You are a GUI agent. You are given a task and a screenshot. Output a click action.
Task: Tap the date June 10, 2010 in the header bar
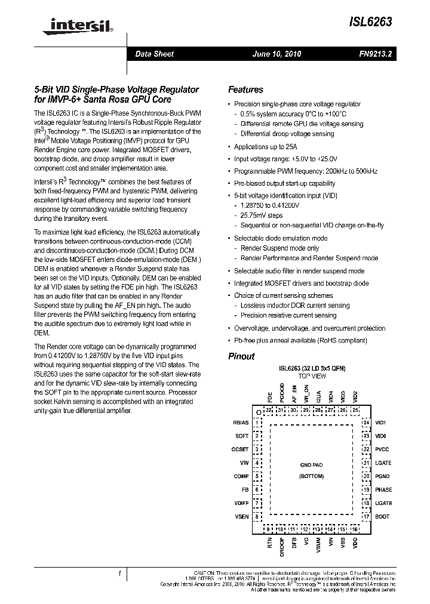[277, 54]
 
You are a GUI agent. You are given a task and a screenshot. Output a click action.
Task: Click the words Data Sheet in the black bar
[154, 54]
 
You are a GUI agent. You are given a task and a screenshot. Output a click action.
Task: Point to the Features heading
[245, 90]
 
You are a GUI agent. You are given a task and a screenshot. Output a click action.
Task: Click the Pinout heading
[241, 356]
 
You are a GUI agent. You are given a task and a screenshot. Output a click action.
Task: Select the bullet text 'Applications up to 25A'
[265, 146]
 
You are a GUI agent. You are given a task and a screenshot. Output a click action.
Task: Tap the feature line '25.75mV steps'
[261, 215]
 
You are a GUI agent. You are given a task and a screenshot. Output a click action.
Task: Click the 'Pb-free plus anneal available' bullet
[300, 340]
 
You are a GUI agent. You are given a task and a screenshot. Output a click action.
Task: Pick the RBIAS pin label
[240, 423]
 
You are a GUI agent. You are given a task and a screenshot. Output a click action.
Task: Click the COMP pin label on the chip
[241, 476]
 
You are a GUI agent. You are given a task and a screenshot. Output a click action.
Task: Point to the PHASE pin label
[383, 490]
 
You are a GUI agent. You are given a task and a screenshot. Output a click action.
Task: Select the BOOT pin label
[382, 517]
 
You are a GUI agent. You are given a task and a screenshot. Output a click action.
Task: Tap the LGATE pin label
[383, 463]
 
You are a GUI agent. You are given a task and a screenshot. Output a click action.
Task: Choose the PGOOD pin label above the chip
[281, 396]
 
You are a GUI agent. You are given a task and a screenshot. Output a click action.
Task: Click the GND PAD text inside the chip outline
[311, 464]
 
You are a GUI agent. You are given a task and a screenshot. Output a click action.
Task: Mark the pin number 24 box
[366, 423]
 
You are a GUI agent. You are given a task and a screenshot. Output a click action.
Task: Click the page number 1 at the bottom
[120, 574]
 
